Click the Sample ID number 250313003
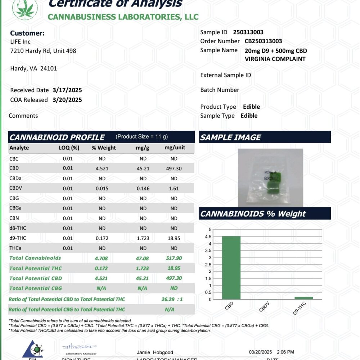(248, 32)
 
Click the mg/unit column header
(175, 148)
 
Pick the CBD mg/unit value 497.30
(174, 168)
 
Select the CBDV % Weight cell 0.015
(102, 188)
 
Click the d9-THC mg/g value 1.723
(143, 238)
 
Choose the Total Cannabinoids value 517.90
(174, 258)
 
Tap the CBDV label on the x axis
(265, 306)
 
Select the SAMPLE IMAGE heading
(230, 137)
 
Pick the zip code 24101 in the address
(48, 68)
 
